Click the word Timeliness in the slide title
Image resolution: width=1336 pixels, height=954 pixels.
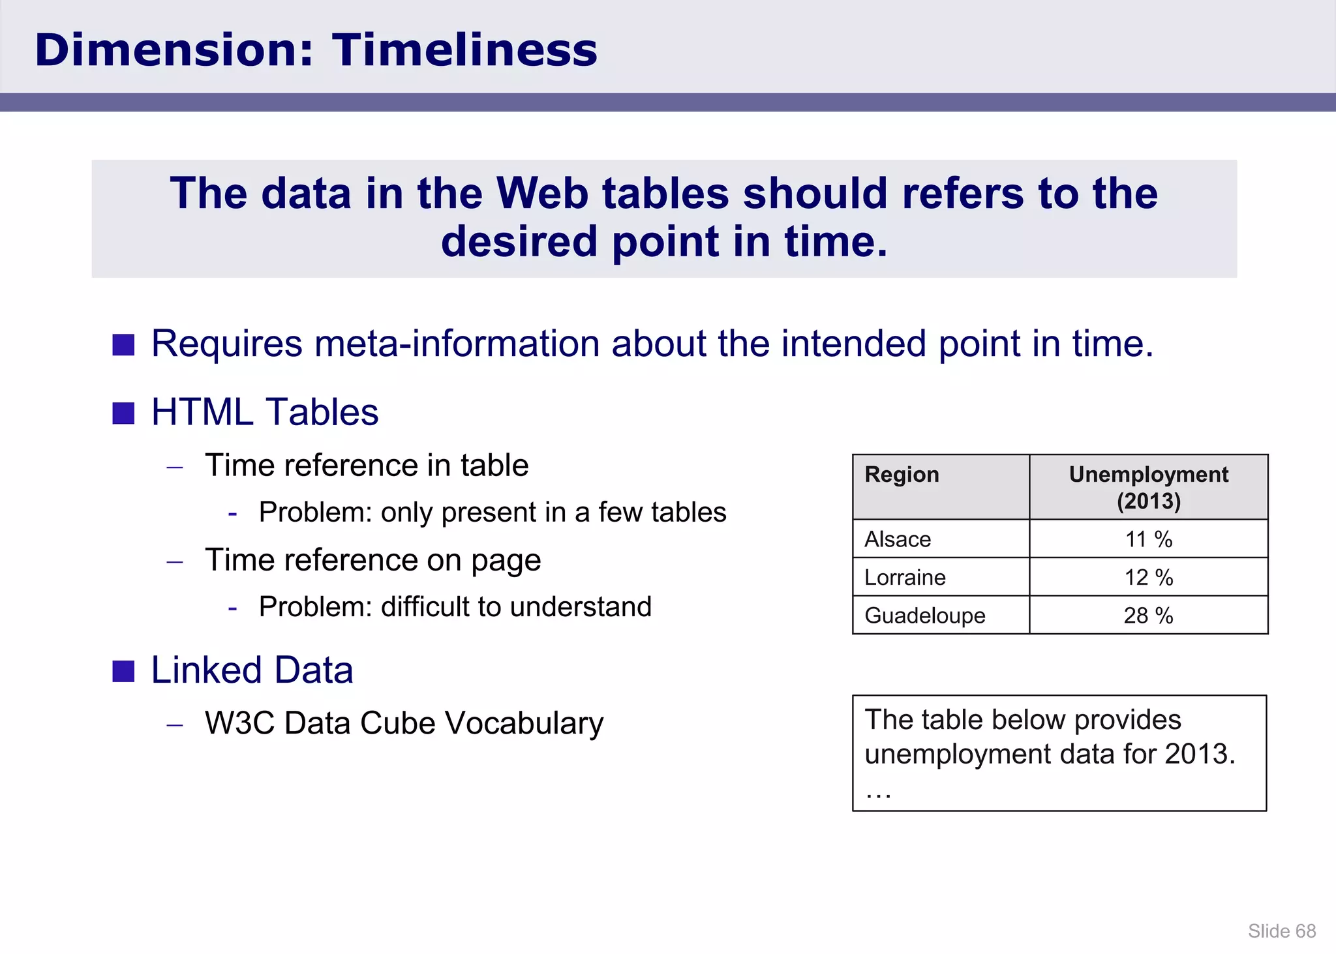(464, 50)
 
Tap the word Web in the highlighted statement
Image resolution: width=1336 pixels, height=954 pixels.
(541, 194)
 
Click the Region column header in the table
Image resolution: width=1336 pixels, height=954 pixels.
(902, 475)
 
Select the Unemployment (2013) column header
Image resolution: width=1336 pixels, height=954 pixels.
(1148, 487)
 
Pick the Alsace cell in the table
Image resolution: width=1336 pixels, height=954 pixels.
(898, 539)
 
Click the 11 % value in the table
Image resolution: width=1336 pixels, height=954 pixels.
(1148, 539)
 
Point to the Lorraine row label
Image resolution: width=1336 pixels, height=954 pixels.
(905, 577)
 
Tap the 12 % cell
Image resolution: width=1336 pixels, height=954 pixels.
(1148, 577)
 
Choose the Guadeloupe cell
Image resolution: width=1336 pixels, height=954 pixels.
(924, 615)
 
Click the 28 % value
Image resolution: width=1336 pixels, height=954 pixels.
(1148, 615)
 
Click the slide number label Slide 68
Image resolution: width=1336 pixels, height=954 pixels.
(1282, 931)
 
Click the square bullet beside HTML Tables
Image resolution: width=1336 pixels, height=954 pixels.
(123, 413)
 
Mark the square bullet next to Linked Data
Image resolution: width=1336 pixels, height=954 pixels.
(123, 671)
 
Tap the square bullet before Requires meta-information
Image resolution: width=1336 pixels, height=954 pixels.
(123, 345)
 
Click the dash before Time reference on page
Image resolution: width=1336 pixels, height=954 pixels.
(175, 561)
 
